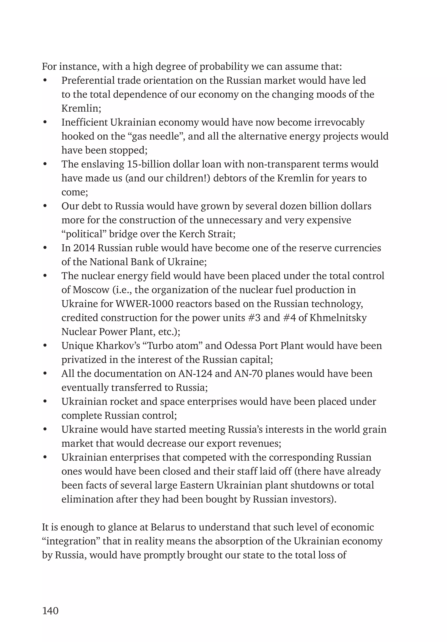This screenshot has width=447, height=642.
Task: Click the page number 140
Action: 50,611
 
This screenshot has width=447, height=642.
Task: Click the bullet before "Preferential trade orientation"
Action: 45,80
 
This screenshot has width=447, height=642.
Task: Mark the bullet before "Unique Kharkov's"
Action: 45,346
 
